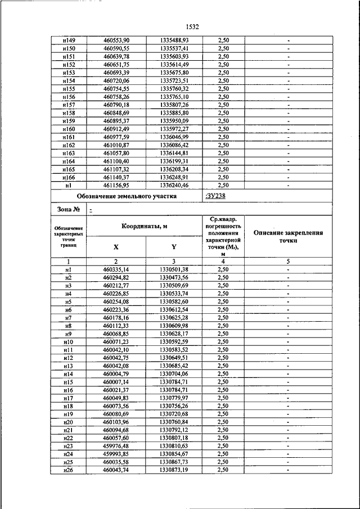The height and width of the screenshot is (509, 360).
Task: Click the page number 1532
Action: [192, 26]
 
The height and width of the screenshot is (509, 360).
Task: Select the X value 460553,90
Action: [116, 40]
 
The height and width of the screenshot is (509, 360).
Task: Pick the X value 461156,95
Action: [116, 185]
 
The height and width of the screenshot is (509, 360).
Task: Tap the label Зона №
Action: [68, 210]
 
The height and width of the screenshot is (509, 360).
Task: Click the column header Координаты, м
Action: [145, 226]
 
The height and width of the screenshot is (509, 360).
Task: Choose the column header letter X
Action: [116, 247]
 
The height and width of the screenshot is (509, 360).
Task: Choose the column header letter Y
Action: [174, 247]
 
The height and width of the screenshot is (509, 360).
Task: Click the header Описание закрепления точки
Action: [287, 236]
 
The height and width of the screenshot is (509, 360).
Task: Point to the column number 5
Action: [287, 262]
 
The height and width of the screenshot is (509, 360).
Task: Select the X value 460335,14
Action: [116, 269]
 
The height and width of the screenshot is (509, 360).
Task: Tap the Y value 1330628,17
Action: [174, 334]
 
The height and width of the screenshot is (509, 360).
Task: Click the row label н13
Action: [67, 366]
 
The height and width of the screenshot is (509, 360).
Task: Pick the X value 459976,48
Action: [116, 445]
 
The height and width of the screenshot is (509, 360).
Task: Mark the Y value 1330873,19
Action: [174, 470]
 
